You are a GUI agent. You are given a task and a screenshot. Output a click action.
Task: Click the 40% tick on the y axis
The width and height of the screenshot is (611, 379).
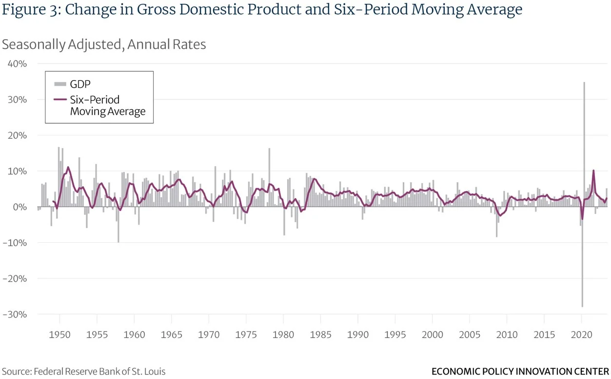(17, 64)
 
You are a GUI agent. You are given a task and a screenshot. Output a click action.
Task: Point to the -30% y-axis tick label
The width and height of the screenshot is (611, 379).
(15, 315)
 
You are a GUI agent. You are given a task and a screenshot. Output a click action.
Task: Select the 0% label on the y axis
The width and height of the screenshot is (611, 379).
(20, 207)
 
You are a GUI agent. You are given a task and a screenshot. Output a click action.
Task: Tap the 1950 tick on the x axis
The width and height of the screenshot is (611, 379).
(59, 335)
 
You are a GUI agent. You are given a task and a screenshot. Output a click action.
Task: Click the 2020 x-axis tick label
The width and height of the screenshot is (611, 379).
(581, 335)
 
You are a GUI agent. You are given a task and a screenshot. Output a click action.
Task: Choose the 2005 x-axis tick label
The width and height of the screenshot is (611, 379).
(470, 335)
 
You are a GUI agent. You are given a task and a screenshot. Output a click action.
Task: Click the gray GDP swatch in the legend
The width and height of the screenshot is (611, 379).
(60, 84)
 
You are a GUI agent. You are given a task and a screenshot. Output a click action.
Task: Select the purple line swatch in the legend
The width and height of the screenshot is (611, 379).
(60, 100)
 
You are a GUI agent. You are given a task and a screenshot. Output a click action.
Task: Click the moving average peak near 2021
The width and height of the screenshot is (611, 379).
(593, 171)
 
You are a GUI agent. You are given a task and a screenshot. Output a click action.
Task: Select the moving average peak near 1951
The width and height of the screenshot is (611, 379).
(68, 167)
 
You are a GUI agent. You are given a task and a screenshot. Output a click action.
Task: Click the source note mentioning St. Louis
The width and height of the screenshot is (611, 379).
(83, 372)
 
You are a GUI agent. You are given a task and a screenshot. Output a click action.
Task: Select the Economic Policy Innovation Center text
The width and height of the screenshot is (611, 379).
(520, 372)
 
